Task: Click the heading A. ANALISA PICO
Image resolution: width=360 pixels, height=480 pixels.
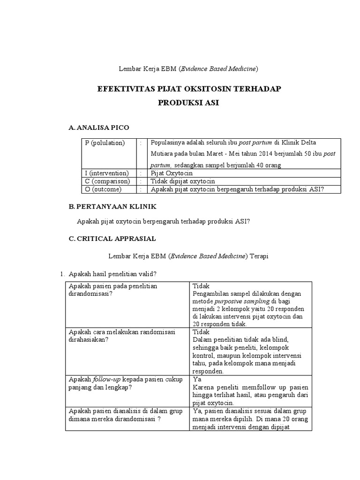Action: pyautogui.click(x=98, y=127)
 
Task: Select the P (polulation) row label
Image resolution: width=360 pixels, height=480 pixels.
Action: pyautogui.click(x=105, y=143)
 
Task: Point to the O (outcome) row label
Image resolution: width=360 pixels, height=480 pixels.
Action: pyautogui.click(x=103, y=189)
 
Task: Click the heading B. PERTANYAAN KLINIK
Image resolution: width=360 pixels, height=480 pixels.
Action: pyautogui.click(x=112, y=206)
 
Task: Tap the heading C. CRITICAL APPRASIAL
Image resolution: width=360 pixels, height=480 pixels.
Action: pyautogui.click(x=112, y=239)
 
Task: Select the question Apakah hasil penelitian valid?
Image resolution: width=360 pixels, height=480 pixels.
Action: pyautogui.click(x=112, y=273)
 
